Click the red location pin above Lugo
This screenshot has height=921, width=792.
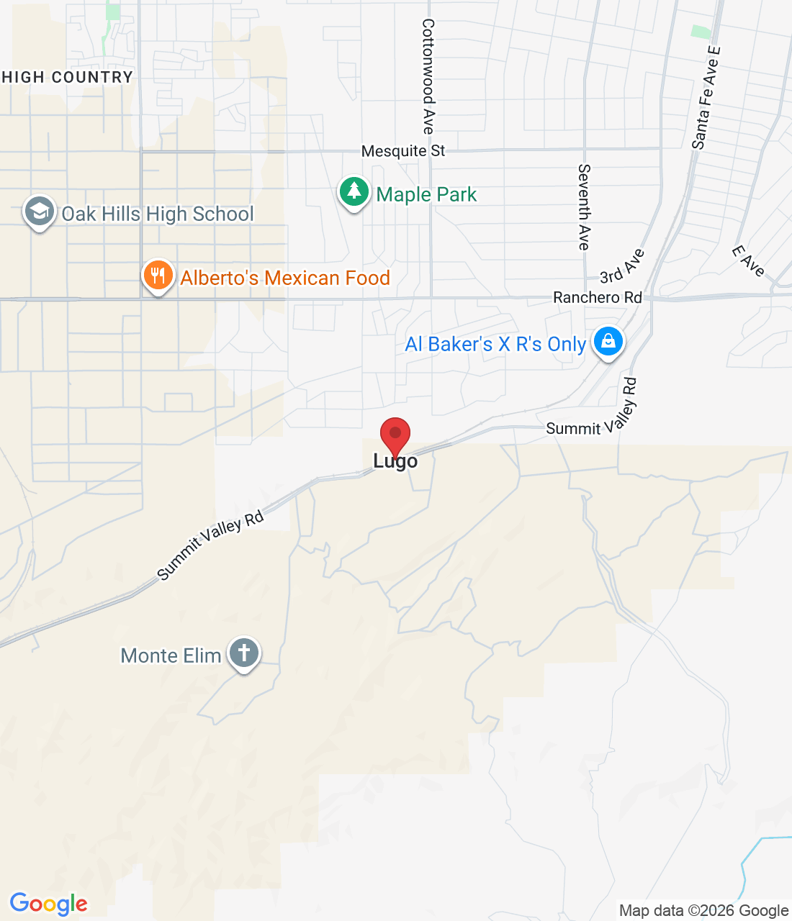coord(395,435)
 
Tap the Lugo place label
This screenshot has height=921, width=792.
coord(395,461)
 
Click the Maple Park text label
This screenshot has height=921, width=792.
coord(426,194)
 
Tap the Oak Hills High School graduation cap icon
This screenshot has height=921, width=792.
coord(39,212)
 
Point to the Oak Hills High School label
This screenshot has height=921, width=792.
coord(158,214)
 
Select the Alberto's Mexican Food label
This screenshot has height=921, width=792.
coord(285,278)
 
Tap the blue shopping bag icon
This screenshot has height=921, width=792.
coord(608,342)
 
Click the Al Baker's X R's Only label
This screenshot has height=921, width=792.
coord(495,344)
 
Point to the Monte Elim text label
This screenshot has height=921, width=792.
coord(171,655)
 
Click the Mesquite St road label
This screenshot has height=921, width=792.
coord(403,151)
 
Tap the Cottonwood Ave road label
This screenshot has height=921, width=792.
coord(428,77)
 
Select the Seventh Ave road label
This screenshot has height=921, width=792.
coord(584,207)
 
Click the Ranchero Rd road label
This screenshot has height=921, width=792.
coord(598,297)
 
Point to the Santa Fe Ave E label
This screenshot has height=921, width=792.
coord(706,98)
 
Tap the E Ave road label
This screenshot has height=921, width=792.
coord(749,261)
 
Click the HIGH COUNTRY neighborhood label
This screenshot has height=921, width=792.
coord(67,77)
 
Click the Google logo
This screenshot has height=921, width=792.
coord(49,904)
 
